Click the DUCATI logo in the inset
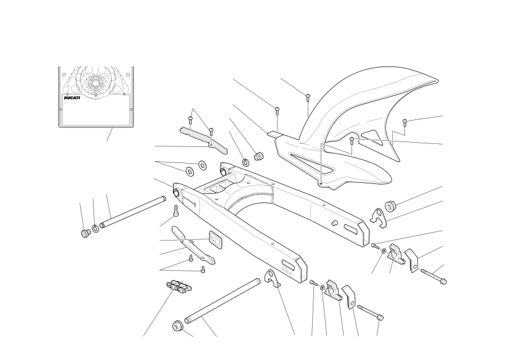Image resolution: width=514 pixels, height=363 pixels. point(72,98)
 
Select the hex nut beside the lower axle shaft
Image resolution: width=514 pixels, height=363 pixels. point(177,325)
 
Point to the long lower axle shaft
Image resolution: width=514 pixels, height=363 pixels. point(223,301)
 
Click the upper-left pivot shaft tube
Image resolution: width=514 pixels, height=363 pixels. point(133,212)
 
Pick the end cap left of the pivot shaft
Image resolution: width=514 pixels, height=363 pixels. point(86,233)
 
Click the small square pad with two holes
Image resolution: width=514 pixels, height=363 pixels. point(215,238)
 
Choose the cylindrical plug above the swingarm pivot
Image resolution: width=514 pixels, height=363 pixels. point(259,156)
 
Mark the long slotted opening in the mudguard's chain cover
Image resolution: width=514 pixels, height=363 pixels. point(311,162)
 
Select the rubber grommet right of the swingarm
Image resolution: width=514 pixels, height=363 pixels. point(390,205)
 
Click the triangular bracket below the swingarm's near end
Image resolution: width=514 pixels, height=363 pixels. point(273,278)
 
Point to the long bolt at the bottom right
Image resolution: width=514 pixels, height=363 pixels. point(370,313)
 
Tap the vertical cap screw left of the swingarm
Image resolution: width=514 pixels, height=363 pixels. point(175,211)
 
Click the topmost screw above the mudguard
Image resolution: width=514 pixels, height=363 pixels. point(308,97)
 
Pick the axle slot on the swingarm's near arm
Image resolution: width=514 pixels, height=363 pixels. point(289,263)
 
